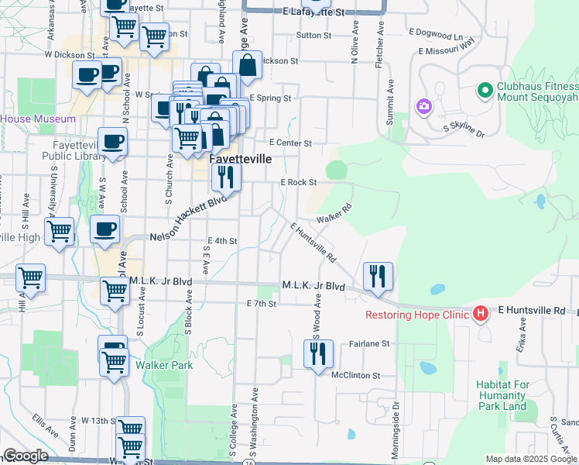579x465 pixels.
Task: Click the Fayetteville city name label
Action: point(241,158)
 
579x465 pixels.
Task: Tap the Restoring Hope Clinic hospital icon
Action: point(481,314)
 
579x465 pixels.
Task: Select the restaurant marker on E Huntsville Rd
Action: point(378,276)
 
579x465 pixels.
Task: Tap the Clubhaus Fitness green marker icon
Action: point(485,91)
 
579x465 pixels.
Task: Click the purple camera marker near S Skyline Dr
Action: point(423,106)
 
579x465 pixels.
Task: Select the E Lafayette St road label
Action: point(313,12)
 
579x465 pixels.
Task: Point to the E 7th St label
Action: point(261,304)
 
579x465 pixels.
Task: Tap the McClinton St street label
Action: point(356,375)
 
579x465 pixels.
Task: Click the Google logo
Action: point(26,456)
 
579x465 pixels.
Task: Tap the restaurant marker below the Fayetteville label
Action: point(226,177)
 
